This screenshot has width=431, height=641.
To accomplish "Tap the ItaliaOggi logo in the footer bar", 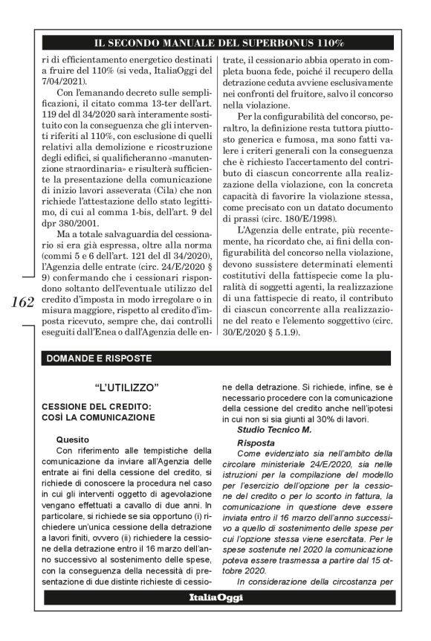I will coord(215,597).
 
